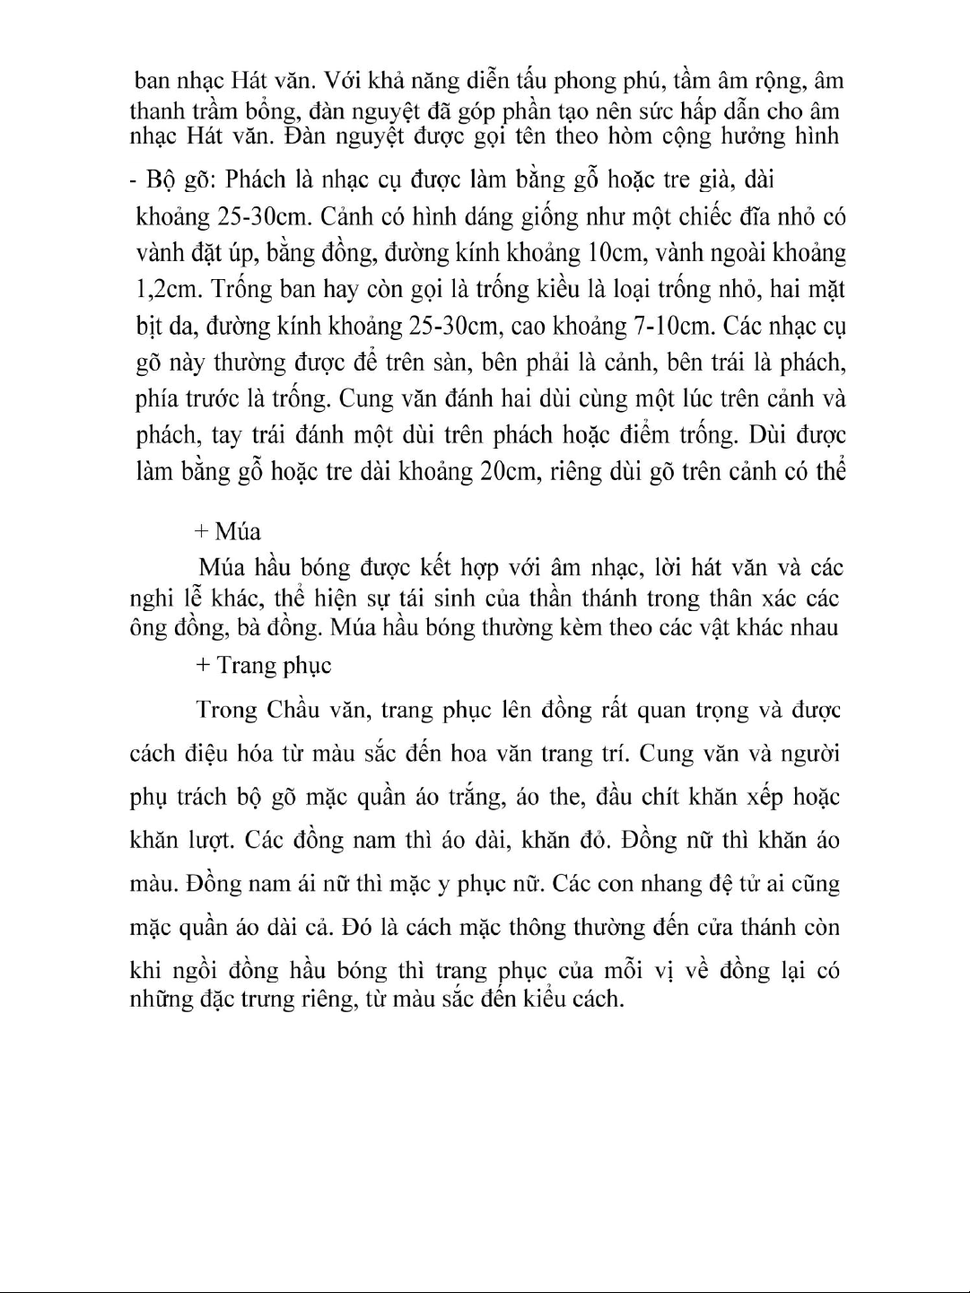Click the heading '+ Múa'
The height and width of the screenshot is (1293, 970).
pos(227,532)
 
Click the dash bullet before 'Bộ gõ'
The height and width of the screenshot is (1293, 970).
pos(132,179)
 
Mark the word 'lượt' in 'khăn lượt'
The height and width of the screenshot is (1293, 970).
pos(212,841)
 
